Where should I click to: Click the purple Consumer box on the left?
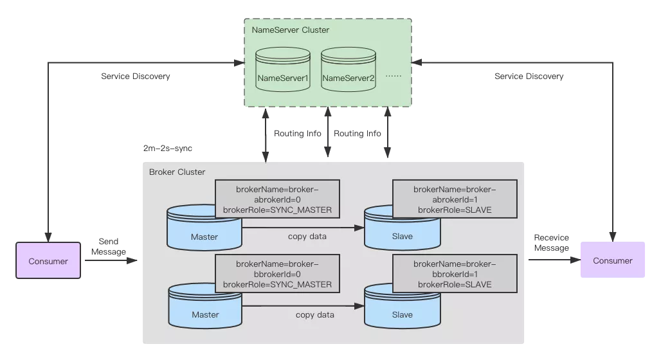point(48,261)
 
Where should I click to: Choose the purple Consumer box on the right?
point(613,260)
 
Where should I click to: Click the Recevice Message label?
point(551,243)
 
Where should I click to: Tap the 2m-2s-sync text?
point(168,148)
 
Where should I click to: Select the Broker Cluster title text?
point(177,172)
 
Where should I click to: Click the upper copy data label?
point(307,237)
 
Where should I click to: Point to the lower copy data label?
point(315,315)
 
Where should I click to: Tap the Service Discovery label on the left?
point(135,76)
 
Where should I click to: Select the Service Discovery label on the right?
point(529,76)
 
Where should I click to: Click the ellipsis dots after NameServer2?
point(393,76)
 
